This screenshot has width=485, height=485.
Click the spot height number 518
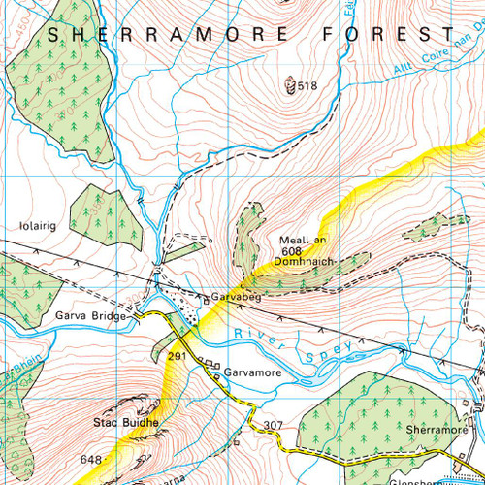point(307,86)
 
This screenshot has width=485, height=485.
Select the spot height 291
point(177,357)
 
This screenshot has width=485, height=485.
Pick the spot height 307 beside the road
point(273,425)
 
